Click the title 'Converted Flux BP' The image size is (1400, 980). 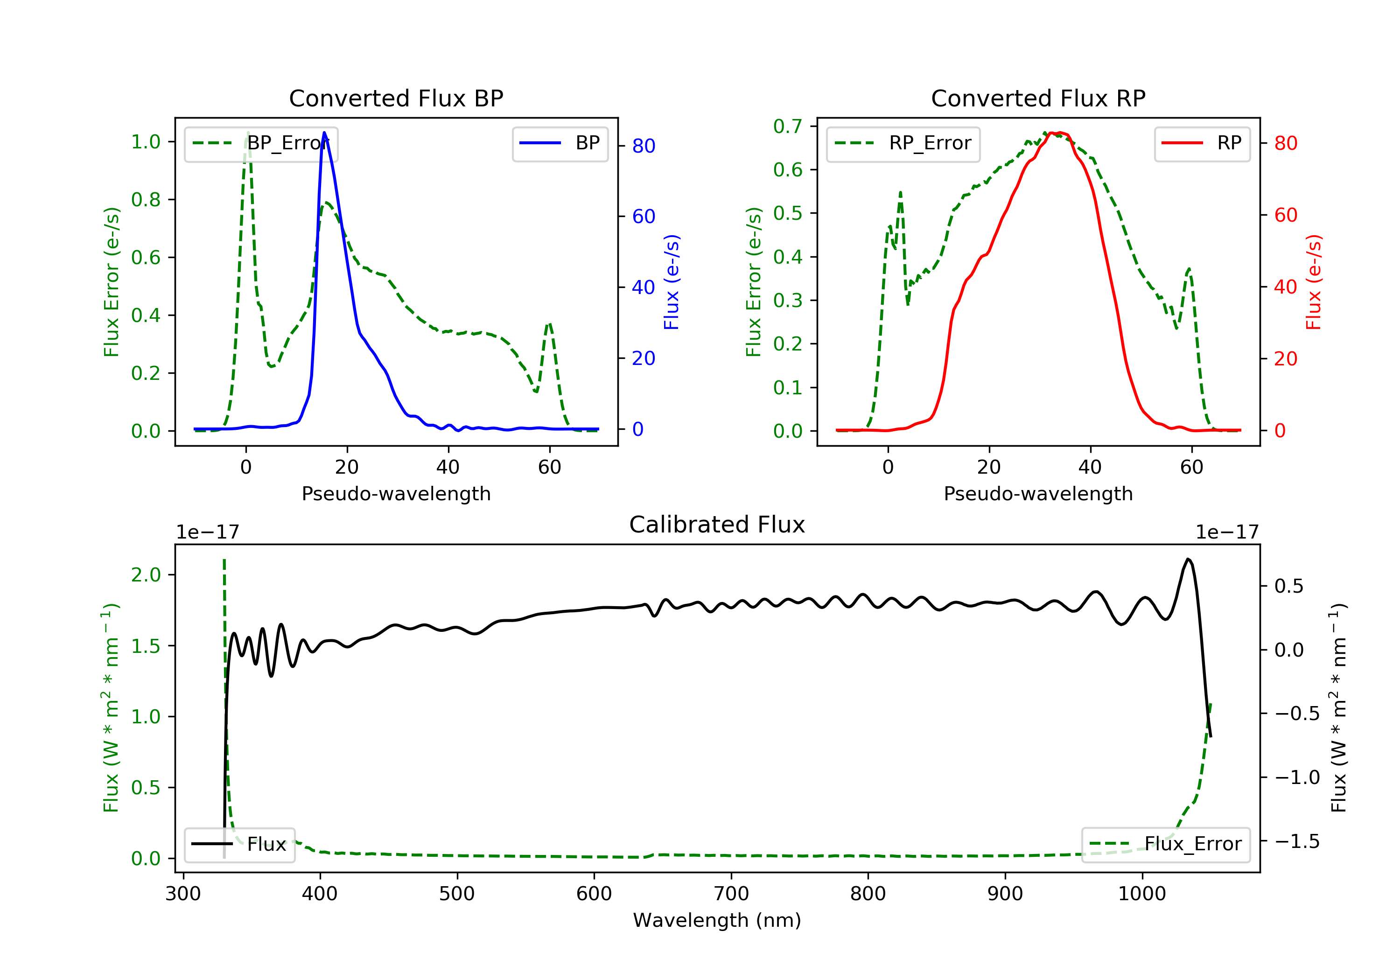click(x=396, y=98)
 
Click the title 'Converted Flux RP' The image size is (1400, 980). click(x=1038, y=98)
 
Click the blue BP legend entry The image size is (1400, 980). click(x=560, y=143)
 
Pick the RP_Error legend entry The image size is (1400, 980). click(x=903, y=143)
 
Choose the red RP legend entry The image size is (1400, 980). click(x=1202, y=143)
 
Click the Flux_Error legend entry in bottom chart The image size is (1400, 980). click(x=1165, y=844)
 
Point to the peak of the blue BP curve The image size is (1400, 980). click(x=324, y=133)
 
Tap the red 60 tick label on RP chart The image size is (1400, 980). click(x=1285, y=215)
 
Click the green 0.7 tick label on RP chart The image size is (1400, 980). click(x=788, y=126)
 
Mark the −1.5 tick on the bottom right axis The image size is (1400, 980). click(x=1297, y=841)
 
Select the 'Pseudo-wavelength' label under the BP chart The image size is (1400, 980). click(x=396, y=493)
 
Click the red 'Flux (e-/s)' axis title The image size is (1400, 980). click(x=1313, y=282)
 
